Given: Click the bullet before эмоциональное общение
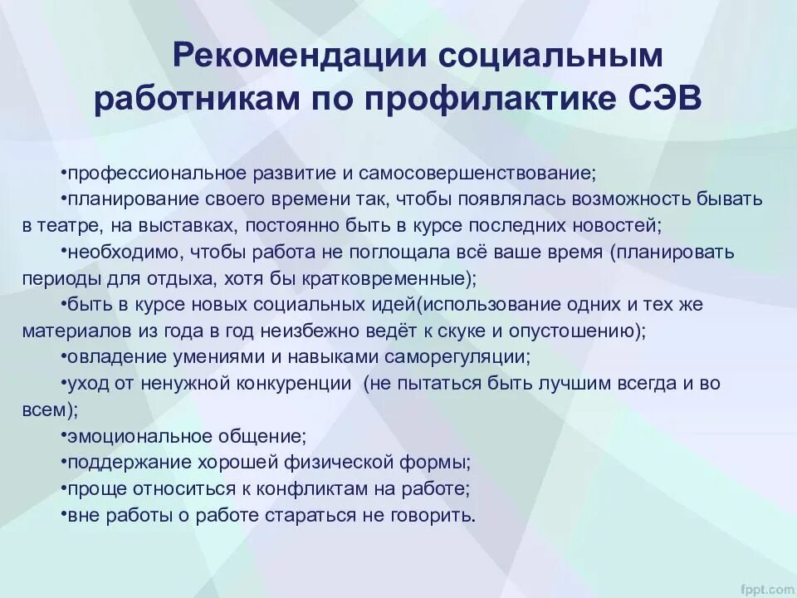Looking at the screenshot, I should coord(64,435).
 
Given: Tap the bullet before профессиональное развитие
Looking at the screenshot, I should coord(64,173).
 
